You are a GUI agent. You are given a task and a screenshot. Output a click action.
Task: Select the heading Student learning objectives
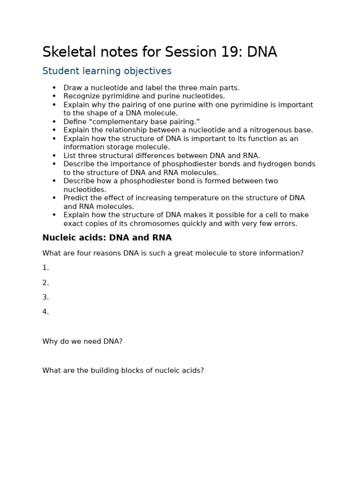[x=107, y=71]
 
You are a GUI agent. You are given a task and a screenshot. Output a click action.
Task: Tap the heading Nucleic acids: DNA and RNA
[x=107, y=238]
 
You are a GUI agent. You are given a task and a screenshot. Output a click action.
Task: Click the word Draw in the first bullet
[x=72, y=88]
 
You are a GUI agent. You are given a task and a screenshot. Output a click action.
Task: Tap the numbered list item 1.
[x=45, y=268]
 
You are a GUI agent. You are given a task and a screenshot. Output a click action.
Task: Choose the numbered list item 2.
[x=45, y=283]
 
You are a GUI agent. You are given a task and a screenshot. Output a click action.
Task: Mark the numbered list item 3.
[x=45, y=297]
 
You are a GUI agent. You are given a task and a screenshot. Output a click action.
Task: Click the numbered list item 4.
[x=45, y=312]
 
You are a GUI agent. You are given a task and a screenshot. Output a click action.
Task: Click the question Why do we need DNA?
[x=82, y=341]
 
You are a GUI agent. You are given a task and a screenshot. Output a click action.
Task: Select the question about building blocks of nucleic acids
[x=123, y=370]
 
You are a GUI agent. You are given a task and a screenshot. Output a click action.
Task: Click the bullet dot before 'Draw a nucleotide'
[x=54, y=88]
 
